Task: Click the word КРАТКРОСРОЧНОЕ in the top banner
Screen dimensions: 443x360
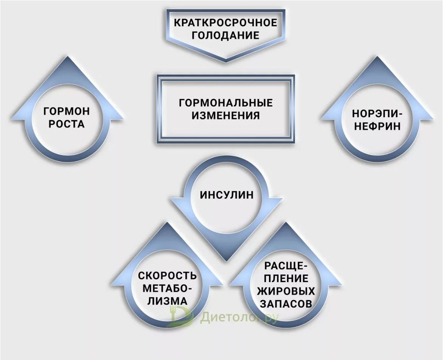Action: coord(225,22)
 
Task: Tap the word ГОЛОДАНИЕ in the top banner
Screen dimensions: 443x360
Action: coord(225,35)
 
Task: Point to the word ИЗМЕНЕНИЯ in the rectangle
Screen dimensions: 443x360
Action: coord(226,115)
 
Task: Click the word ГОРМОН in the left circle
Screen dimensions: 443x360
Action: coord(66,111)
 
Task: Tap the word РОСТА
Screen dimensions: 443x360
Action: coord(66,124)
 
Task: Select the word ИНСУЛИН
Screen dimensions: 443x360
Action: coord(226,195)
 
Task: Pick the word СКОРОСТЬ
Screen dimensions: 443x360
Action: coord(167,276)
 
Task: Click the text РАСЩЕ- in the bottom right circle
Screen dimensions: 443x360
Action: coord(285,266)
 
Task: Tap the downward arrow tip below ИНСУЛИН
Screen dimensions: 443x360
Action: coord(226,259)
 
